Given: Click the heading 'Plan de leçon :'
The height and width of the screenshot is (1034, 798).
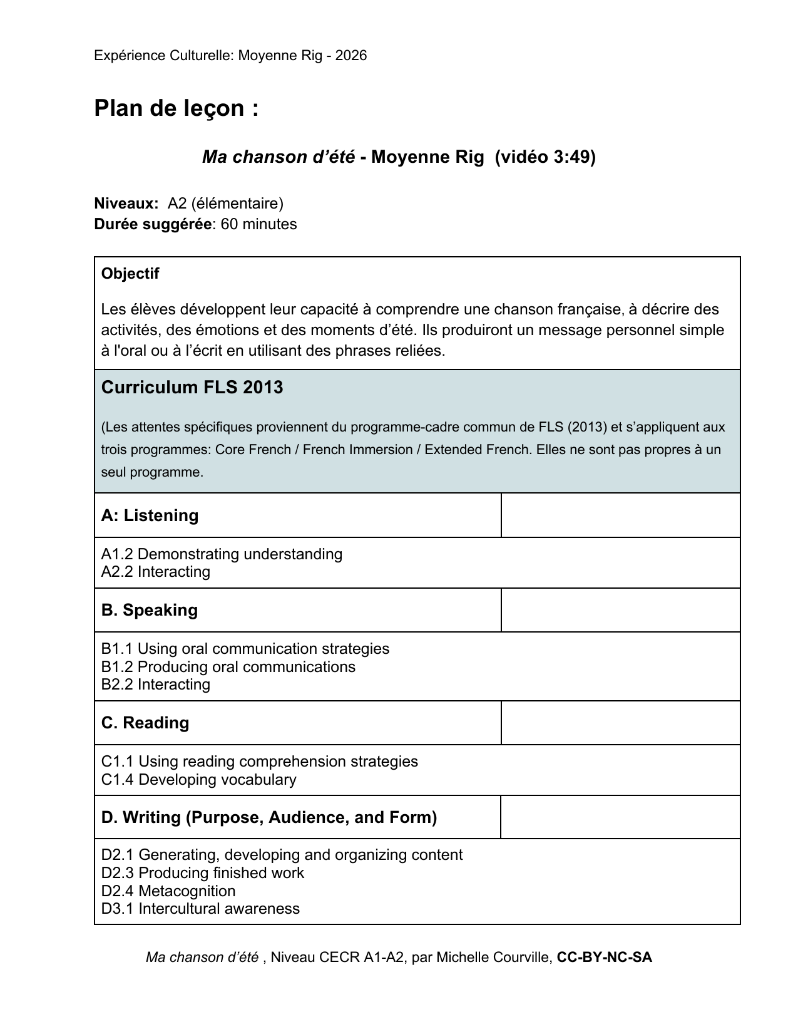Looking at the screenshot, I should point(176,109).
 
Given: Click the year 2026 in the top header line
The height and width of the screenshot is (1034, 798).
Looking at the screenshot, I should point(351,56).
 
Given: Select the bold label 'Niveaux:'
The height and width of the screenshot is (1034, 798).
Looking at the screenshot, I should point(126,204).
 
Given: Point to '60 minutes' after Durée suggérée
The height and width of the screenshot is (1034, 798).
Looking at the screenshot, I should point(258,224).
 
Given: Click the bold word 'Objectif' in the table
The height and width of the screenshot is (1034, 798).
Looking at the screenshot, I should point(130,274).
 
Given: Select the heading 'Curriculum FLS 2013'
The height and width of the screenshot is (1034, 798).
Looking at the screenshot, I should point(192,388).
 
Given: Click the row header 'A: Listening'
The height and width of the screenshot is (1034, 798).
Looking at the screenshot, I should point(150,515).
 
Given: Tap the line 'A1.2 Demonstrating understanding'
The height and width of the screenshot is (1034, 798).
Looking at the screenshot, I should point(222,554).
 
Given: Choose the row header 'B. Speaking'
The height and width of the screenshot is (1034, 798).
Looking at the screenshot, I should point(149,610).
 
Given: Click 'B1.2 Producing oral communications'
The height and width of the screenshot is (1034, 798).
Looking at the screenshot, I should point(228,667).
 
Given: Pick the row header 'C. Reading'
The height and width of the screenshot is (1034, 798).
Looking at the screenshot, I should point(145,723).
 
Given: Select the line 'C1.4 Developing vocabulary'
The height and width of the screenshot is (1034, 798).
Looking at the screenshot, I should point(198,780).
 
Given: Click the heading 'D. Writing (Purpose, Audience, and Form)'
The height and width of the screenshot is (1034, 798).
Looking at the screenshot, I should point(269,817).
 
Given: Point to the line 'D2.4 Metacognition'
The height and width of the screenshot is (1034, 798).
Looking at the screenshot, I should point(168,891).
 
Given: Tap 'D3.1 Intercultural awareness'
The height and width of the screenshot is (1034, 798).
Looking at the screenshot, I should point(200,909).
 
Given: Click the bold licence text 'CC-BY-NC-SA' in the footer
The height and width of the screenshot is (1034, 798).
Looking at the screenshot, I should point(604,958).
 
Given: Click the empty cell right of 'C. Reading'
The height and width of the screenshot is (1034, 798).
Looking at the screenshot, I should point(620,723).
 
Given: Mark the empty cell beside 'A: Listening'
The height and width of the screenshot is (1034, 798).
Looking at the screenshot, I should point(620,515).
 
